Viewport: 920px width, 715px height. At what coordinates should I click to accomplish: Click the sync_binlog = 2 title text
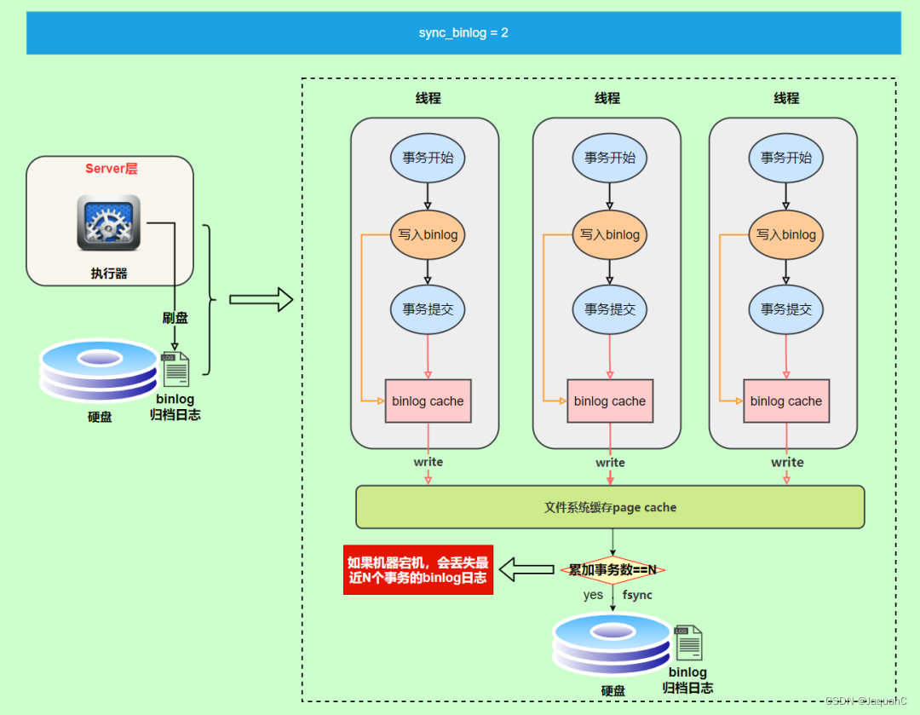click(463, 33)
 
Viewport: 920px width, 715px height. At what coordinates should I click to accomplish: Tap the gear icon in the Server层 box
click(108, 222)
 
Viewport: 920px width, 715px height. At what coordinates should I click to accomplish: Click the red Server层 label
click(111, 169)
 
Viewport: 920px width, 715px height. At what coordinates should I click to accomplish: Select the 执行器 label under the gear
click(109, 274)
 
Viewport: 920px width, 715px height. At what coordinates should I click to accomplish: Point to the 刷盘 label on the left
click(175, 318)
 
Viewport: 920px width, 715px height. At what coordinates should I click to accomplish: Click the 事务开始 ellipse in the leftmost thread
click(428, 158)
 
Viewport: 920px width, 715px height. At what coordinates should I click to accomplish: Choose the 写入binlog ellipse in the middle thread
click(610, 234)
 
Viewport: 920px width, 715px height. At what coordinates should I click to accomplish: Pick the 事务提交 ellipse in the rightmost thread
click(786, 309)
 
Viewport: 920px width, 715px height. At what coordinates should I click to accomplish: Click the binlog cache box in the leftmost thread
click(428, 401)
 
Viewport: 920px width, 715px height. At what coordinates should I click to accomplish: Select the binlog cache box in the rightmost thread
click(786, 401)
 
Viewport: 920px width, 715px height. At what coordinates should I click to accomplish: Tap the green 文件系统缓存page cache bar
click(610, 507)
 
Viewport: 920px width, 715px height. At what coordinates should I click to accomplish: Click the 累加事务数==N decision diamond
click(612, 569)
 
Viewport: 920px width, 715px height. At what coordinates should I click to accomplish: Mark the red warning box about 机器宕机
click(417, 570)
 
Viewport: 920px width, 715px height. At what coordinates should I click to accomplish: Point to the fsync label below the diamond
click(637, 595)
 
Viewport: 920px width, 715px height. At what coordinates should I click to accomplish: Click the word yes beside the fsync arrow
click(593, 595)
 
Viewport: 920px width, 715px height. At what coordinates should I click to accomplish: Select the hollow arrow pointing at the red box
click(526, 570)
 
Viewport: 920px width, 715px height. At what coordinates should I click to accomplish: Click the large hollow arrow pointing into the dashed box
click(261, 300)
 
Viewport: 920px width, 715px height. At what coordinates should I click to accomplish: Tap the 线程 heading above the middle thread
click(607, 99)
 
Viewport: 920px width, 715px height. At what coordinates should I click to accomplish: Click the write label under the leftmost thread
click(428, 462)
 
